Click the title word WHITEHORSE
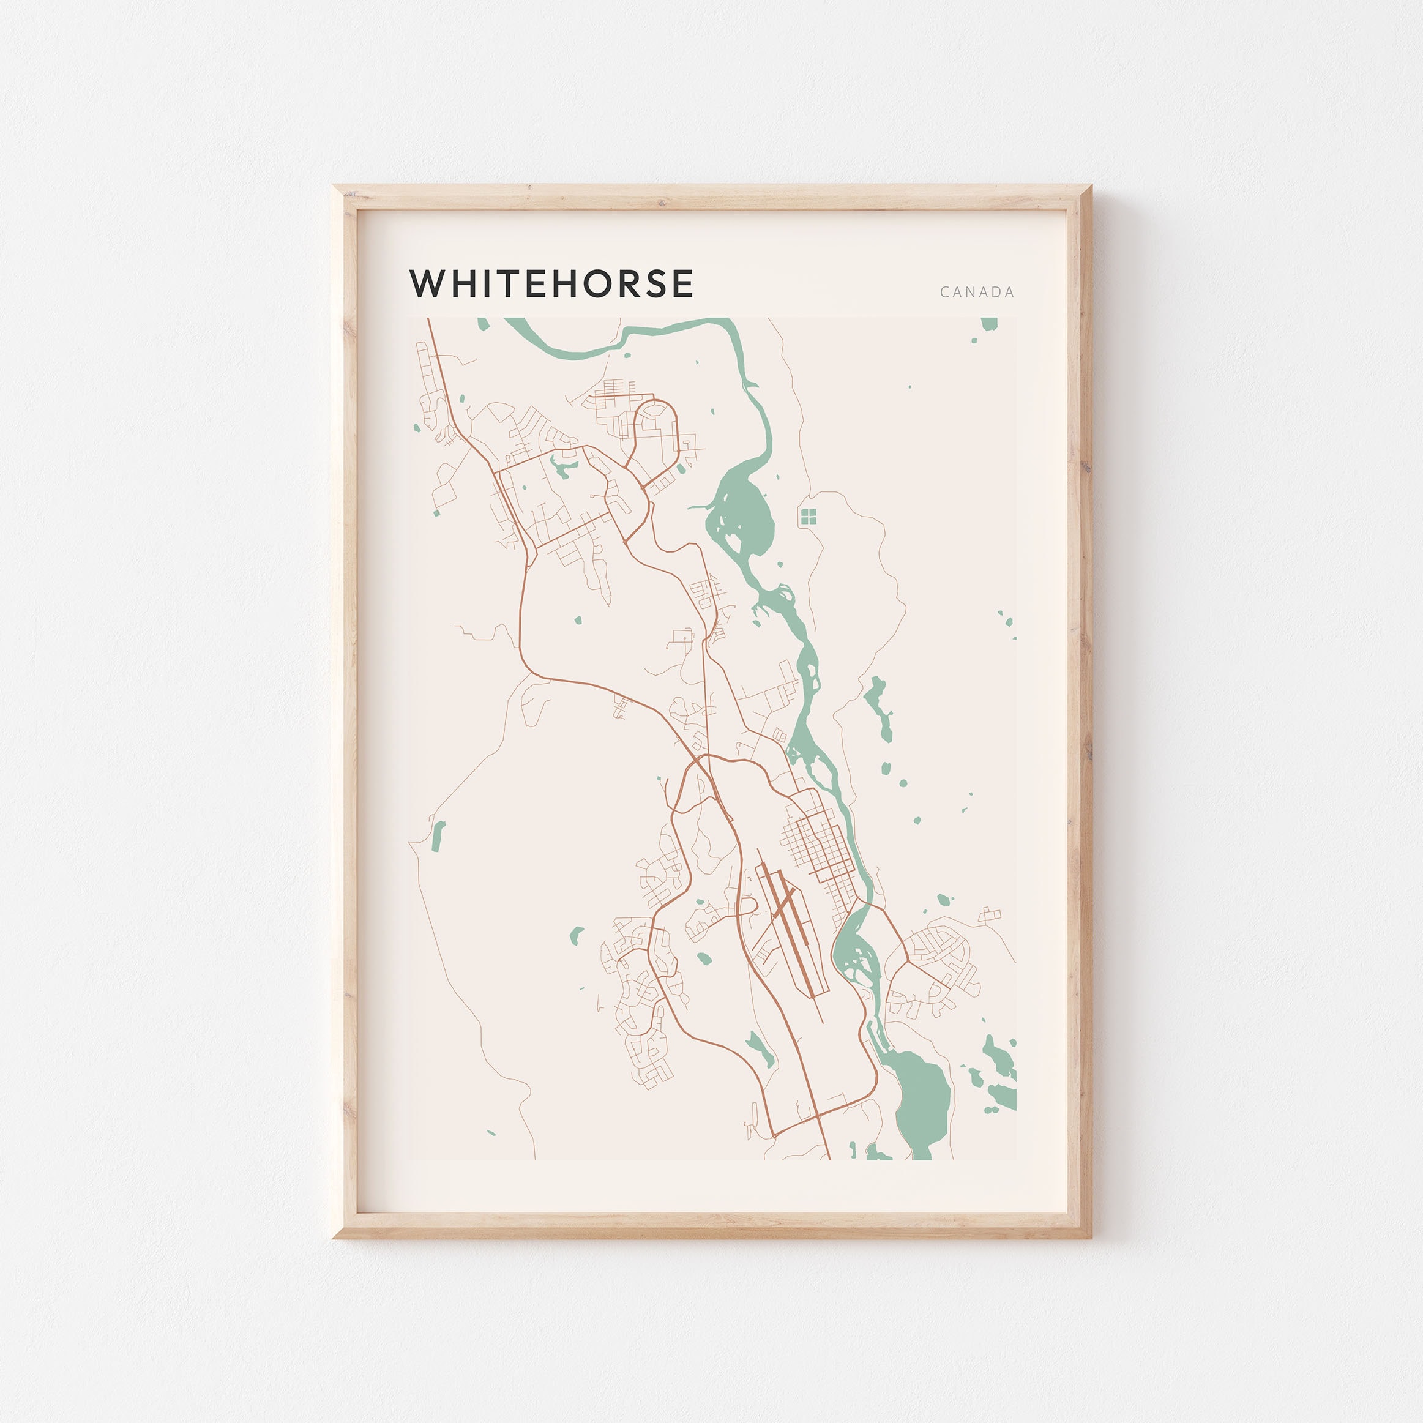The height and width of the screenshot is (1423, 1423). (551, 283)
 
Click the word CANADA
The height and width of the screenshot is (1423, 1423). (977, 293)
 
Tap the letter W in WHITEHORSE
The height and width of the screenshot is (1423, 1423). (427, 283)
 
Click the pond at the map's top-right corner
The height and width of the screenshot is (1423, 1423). (988, 324)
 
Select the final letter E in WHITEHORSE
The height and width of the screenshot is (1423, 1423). (683, 283)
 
